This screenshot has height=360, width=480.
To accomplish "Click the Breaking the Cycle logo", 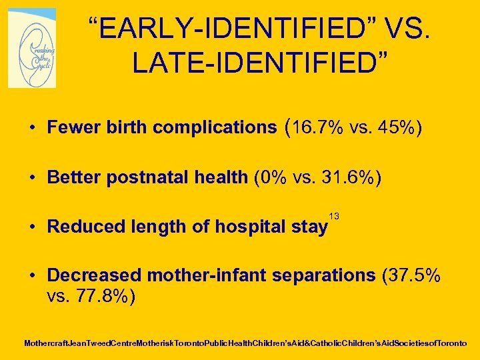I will point(32,48).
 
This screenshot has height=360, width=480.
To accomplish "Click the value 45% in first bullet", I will point(398,127).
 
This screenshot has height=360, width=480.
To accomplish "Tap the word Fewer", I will point(73,127).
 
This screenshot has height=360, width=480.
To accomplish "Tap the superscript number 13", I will point(335,216).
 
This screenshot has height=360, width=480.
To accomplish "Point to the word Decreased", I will point(94,275).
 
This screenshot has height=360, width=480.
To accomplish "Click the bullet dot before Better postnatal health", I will point(32,178).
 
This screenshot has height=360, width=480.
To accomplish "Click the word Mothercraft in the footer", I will point(46,344).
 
